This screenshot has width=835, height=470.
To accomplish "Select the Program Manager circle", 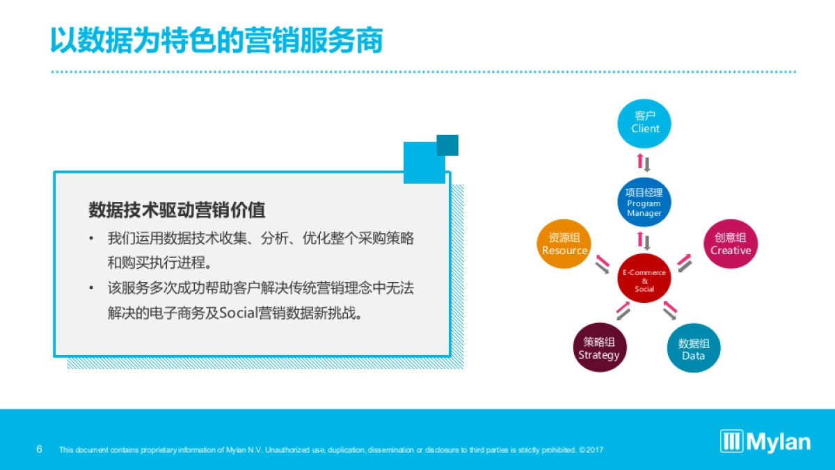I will click(644, 203).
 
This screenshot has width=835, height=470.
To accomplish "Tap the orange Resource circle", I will click(564, 244).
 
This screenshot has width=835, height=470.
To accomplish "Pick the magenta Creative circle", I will click(730, 244).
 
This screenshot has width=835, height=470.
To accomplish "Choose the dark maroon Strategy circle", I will click(598, 348).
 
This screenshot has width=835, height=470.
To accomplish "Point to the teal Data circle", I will click(693, 348).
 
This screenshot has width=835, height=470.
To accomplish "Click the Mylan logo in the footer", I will click(765, 441).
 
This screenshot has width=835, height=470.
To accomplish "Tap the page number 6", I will click(39, 449).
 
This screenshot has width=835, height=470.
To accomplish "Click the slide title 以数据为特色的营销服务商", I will click(216, 40).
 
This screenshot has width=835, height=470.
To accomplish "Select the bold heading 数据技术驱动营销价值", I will click(177, 209).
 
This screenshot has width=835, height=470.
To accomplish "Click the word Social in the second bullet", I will click(238, 313).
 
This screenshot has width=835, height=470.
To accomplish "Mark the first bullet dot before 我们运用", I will click(90, 239).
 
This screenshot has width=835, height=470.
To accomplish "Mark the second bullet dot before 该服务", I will click(90, 288).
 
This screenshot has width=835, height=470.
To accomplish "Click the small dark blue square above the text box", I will click(447, 145).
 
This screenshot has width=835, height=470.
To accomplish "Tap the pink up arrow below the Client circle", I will click(640, 162).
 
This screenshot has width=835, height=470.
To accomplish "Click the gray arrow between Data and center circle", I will click(669, 313).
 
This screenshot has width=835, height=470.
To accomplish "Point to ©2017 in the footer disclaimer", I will click(591, 450).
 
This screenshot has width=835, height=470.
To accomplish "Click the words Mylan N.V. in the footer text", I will click(244, 450).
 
